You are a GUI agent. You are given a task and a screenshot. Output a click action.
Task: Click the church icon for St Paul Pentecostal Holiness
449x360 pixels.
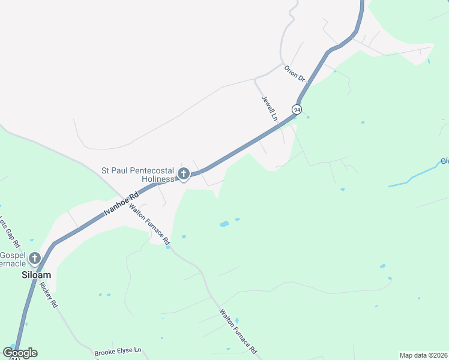tap(184, 175)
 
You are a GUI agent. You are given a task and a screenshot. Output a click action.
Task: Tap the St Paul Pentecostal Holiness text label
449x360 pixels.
tap(139, 175)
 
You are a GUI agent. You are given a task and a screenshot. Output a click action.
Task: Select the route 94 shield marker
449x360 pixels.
tap(297, 109)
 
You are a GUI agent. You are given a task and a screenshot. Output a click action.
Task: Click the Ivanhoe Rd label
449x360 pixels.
tap(121, 203)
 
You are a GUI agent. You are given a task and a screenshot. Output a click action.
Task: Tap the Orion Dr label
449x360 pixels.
tap(295, 74)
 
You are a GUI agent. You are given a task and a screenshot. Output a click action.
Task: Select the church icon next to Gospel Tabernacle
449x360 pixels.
tap(35, 259)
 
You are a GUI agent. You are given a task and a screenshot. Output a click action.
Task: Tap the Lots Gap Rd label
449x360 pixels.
tap(10, 233)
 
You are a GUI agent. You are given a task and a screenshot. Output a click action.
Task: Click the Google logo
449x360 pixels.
tap(20, 353)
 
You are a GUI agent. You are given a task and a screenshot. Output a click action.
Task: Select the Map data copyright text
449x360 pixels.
tap(423, 355)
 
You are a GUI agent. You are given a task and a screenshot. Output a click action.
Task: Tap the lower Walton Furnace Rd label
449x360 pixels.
tap(238, 331)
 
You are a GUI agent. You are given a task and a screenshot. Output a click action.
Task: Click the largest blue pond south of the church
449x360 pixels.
tap(224, 224)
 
